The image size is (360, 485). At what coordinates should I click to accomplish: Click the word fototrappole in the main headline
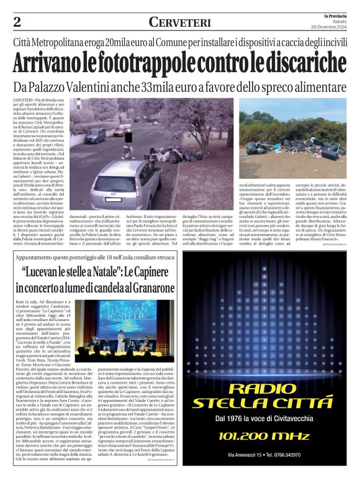147,63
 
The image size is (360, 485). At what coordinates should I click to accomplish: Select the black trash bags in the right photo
292,147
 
